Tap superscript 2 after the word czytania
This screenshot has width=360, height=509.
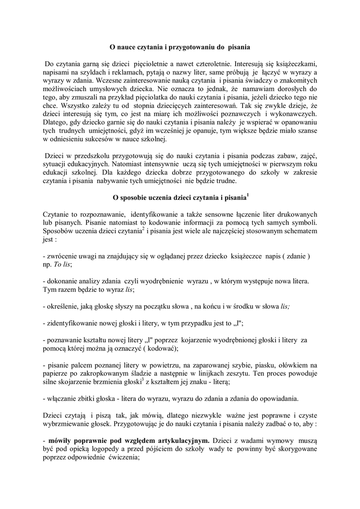[x=143, y=229]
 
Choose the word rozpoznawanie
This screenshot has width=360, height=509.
[x=92, y=214]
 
